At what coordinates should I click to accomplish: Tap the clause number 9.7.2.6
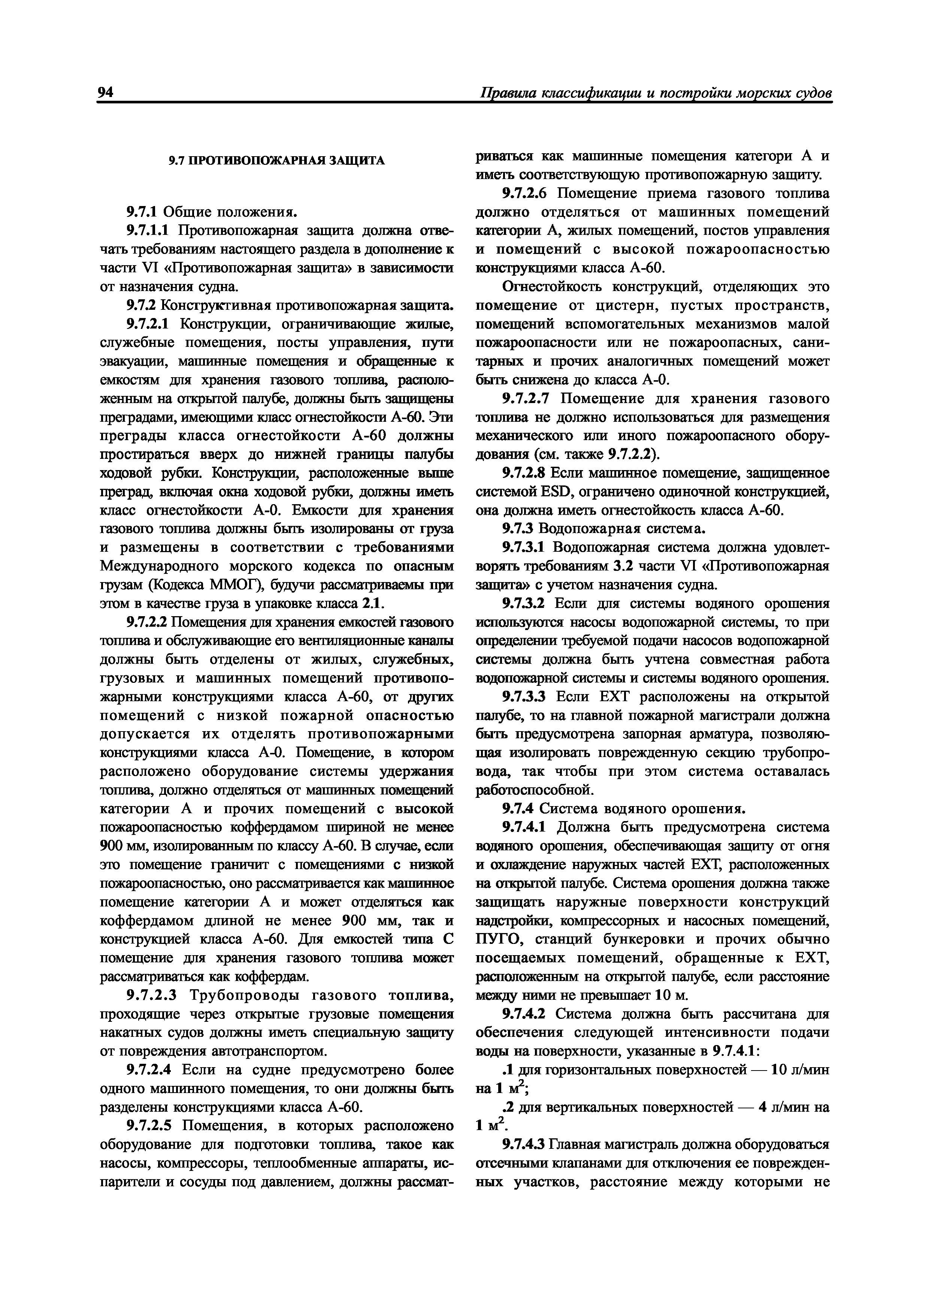tap(526, 193)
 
